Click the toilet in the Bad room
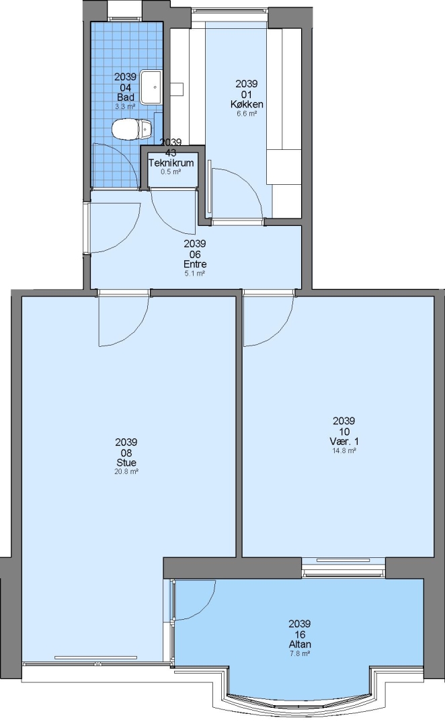(x=132, y=128)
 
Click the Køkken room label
(x=247, y=104)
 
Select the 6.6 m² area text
(x=247, y=114)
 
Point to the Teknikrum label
(x=171, y=163)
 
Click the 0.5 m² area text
(x=171, y=172)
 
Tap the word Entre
(x=195, y=264)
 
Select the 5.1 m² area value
(x=195, y=274)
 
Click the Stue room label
(x=126, y=462)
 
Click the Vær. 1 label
(x=344, y=441)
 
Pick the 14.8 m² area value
(x=344, y=450)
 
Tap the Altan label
(x=300, y=644)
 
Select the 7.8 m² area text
(x=300, y=653)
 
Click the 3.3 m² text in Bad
(x=125, y=106)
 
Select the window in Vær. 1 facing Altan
(x=343, y=567)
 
